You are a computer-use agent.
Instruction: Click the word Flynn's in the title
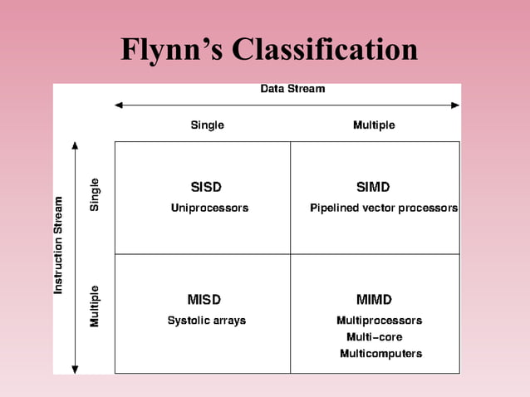[171, 50]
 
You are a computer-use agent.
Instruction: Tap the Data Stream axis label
[292, 89]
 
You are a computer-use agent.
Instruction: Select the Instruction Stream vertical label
[58, 245]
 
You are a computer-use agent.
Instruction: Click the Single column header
[207, 125]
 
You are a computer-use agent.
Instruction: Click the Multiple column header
[374, 125]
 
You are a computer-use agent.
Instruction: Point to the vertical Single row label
[95, 194]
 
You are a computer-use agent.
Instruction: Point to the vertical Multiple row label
[95, 306]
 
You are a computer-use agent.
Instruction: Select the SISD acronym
[206, 187]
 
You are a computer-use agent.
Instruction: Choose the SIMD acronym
[373, 187]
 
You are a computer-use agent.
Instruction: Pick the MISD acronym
[204, 299]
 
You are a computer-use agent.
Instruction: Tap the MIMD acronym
[374, 299]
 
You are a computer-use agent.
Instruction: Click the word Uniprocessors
[209, 208]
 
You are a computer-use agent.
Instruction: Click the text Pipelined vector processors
[384, 208]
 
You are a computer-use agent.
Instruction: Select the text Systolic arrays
[207, 321]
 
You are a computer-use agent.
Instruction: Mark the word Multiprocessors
[379, 321]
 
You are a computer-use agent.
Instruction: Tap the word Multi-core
[374, 337]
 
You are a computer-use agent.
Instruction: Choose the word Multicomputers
[380, 354]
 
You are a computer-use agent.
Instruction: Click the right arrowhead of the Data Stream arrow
[455, 105]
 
